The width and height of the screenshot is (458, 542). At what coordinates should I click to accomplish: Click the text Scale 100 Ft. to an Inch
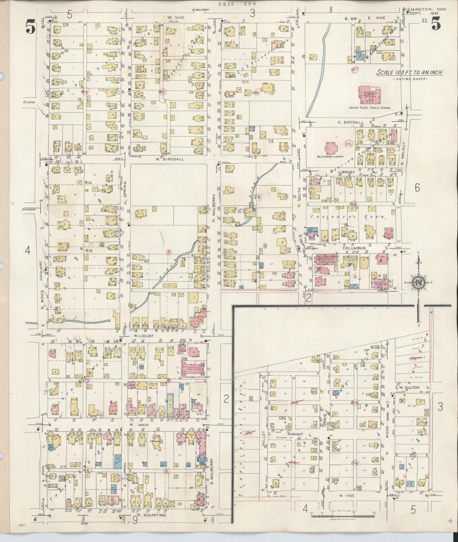point(409,73)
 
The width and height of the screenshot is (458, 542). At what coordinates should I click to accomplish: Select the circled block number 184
point(84,92)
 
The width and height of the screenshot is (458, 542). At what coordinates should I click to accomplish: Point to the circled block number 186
point(256,93)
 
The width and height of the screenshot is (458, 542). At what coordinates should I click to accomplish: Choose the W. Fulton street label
point(409,388)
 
